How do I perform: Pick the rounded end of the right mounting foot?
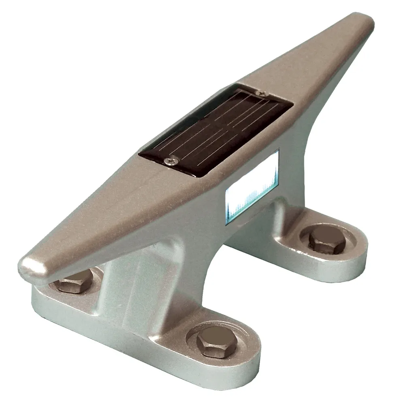click(356, 259)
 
